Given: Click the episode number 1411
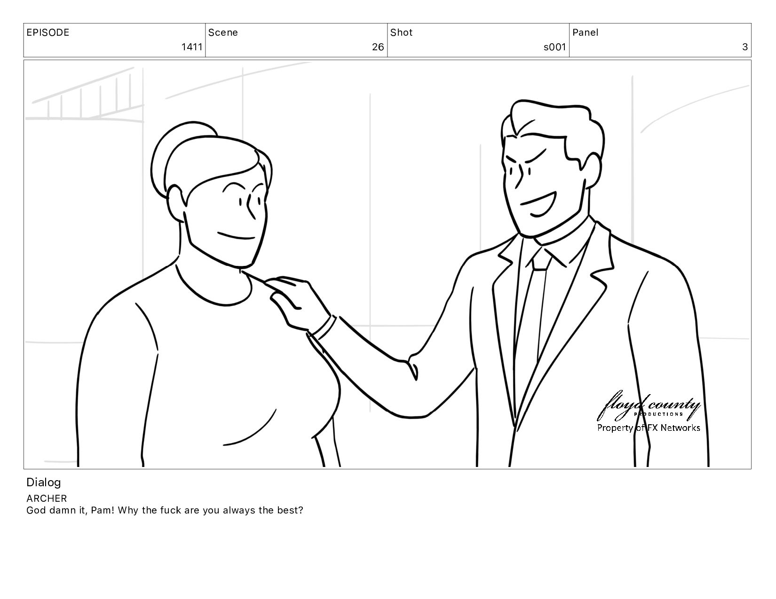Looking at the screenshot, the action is coord(192,47).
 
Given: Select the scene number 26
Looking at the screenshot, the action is coord(378,47).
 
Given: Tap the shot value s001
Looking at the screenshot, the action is coord(554,47).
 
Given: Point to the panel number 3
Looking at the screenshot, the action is coord(745,47).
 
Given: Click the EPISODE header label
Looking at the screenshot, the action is coord(48,32).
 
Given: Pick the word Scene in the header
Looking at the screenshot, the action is coord(223,32).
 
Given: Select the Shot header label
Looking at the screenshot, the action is coord(401,32).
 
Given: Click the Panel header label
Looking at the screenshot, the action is coord(586,32).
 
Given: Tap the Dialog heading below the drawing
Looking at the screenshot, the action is coord(44,482).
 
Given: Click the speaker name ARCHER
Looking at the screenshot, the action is coord(47,498).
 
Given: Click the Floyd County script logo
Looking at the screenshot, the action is coord(649,406).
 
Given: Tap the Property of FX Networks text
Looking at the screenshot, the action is coord(649,428).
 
